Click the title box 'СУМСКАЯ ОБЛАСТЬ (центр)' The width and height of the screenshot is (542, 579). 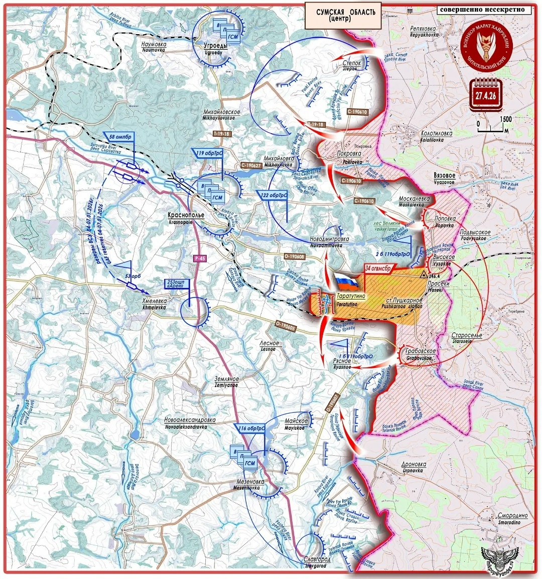(343, 15)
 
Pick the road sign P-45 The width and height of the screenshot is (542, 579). (200, 258)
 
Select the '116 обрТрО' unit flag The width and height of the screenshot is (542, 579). (251, 428)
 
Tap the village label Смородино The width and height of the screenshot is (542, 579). (512, 516)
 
